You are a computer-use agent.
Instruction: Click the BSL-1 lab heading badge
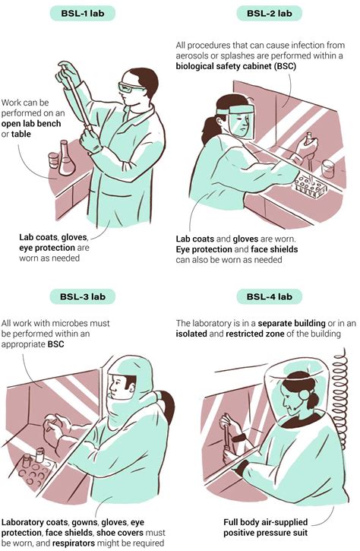pyautogui.click(x=83, y=14)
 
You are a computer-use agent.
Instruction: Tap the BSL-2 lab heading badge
pyautogui.click(x=270, y=14)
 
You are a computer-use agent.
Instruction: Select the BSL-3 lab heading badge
pyautogui.click(x=83, y=296)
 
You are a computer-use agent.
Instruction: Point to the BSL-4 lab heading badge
pyautogui.click(x=270, y=296)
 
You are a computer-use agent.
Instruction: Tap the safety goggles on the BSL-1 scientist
pyautogui.click(x=130, y=87)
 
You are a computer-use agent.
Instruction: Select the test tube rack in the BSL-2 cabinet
pyautogui.click(x=308, y=185)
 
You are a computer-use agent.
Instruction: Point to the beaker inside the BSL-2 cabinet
pyautogui.click(x=327, y=169)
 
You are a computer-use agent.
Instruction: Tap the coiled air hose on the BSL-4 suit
pyautogui.click(x=339, y=394)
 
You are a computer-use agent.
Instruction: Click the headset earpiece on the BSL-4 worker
pyautogui.click(x=304, y=394)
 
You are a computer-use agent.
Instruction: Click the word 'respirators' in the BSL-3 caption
pyautogui.click(x=74, y=543)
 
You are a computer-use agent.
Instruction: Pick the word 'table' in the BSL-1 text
pyautogui.click(x=21, y=134)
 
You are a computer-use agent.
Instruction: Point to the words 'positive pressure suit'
pyautogui.click(x=266, y=533)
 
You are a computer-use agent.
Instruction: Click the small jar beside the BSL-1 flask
pyautogui.click(x=53, y=160)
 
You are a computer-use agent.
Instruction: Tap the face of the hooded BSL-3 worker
pyautogui.click(x=118, y=387)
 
